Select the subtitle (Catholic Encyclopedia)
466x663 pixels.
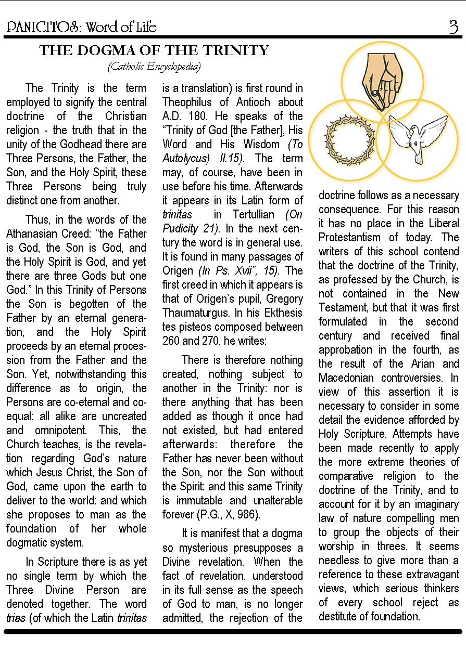point(154,66)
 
